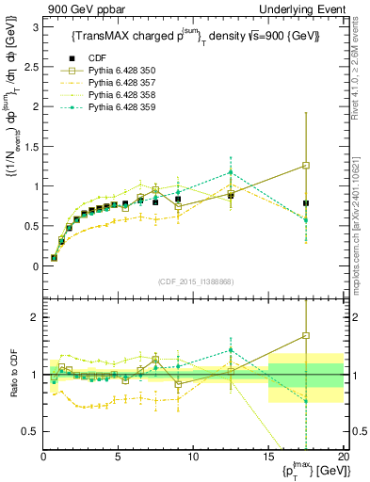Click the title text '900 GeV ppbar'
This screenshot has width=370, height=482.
pos(68,8)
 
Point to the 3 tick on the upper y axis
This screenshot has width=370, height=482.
pos(34,27)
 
